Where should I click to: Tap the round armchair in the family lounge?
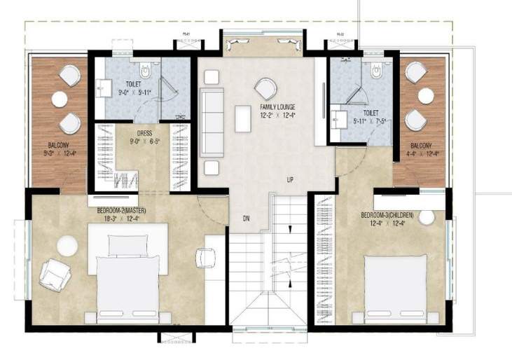click(265, 88)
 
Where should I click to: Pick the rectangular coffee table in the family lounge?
click(243, 118)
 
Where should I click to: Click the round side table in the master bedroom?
click(67, 246)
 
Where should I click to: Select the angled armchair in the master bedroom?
click(54, 275)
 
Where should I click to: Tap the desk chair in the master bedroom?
click(205, 258)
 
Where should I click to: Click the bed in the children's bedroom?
click(395, 289)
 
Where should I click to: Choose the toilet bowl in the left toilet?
click(145, 70)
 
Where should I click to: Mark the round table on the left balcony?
click(60, 99)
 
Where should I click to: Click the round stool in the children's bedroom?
click(427, 218)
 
